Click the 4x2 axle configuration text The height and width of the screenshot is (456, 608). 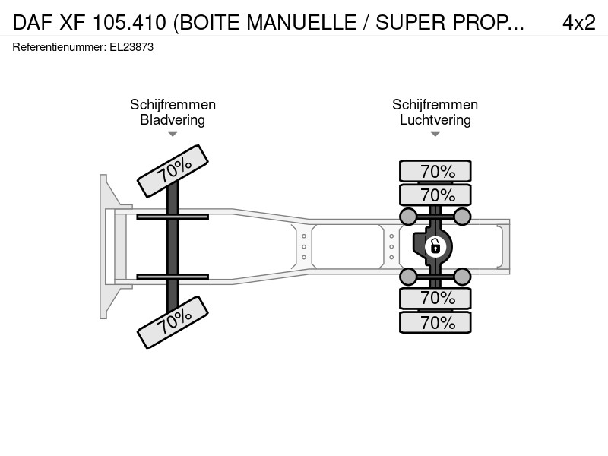(579, 23)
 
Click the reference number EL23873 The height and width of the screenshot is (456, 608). (131, 47)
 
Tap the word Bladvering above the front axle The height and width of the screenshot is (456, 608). (173, 120)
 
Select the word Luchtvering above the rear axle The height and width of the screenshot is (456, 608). (435, 120)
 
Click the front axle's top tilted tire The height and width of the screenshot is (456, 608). (173, 171)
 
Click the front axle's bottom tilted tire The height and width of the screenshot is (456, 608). (173, 322)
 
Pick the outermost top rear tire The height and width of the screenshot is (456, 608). (435, 171)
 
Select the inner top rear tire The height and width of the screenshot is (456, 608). (435, 195)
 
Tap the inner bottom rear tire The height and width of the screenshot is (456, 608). (435, 298)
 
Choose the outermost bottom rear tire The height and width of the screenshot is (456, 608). (435, 322)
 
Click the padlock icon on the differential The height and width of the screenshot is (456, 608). (435, 246)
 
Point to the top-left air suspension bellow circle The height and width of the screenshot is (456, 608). (408, 217)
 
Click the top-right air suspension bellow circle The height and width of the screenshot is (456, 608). (462, 217)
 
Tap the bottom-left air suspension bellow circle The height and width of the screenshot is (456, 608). (408, 277)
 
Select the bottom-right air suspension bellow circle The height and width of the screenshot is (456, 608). (462, 277)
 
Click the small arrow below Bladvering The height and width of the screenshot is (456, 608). (173, 135)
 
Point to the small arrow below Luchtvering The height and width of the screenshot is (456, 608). (435, 135)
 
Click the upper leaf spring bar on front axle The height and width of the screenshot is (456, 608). (173, 217)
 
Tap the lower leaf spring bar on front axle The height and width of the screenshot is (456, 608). (173, 277)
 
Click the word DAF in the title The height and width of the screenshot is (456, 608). (33, 23)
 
